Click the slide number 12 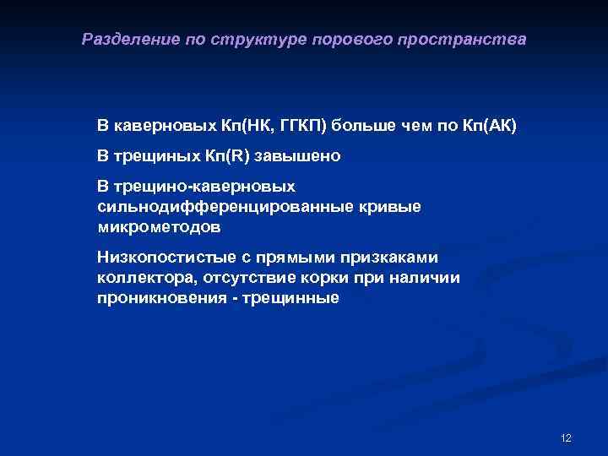[566, 437]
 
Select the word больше [362, 127]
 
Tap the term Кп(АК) [490, 127]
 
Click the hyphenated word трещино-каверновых [205, 186]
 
